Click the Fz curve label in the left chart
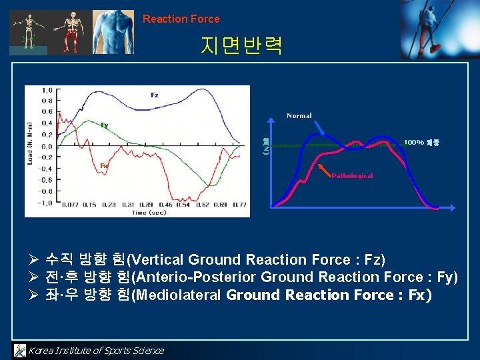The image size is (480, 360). [155, 95]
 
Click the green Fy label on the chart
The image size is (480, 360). [105, 125]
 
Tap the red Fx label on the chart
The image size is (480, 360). [105, 165]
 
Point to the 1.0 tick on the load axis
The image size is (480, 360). [47, 90]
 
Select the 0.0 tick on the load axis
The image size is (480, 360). [47, 146]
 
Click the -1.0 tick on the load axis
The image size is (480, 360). [45, 203]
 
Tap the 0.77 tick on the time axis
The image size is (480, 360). [239, 204]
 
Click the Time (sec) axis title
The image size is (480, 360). [148, 212]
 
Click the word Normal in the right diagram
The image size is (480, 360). [299, 116]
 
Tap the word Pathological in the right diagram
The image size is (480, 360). [352, 176]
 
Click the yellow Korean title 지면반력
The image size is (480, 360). [241, 46]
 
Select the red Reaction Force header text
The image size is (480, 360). [181, 19]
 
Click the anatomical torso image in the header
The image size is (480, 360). [113, 31]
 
